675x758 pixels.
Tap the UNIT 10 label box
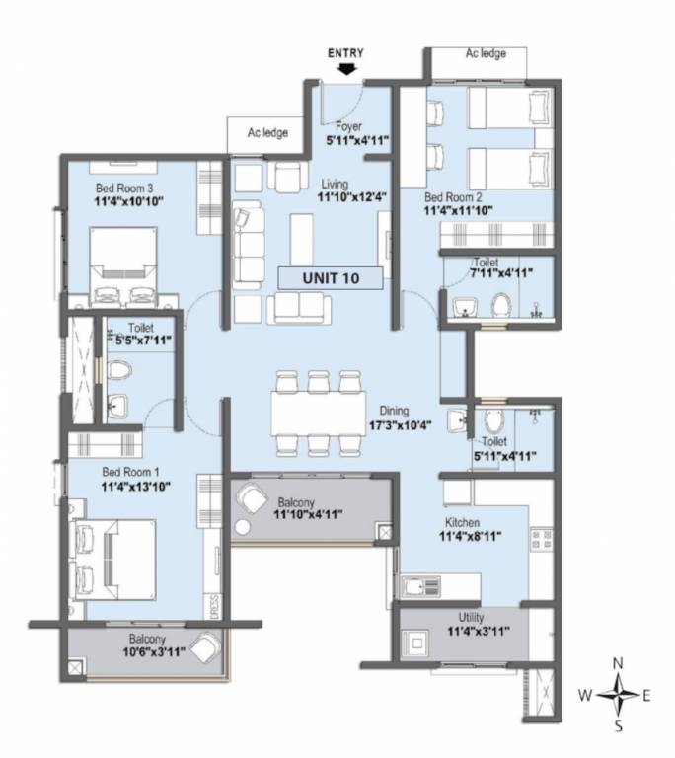pyautogui.click(x=331, y=278)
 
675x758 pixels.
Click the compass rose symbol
pyautogui.click(x=619, y=695)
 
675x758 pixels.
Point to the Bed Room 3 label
pyautogui.click(x=124, y=188)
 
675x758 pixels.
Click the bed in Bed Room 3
pyautogui.click(x=122, y=263)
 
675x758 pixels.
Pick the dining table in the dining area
pyautogui.click(x=317, y=414)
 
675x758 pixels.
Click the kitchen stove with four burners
pyautogui.click(x=542, y=540)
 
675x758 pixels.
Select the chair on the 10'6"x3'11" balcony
pyautogui.click(x=206, y=649)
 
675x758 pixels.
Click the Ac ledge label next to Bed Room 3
pyautogui.click(x=267, y=132)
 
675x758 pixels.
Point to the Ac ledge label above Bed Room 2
pyautogui.click(x=486, y=54)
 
